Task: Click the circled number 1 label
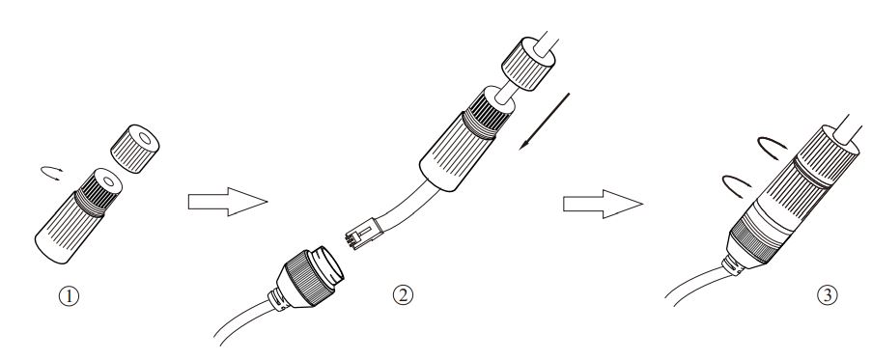69,295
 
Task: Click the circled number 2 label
404,294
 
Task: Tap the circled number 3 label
827,294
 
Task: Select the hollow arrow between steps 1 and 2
228,201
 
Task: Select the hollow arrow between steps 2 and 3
603,204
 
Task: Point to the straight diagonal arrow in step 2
545,121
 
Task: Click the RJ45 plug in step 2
362,234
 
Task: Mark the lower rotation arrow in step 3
736,183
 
